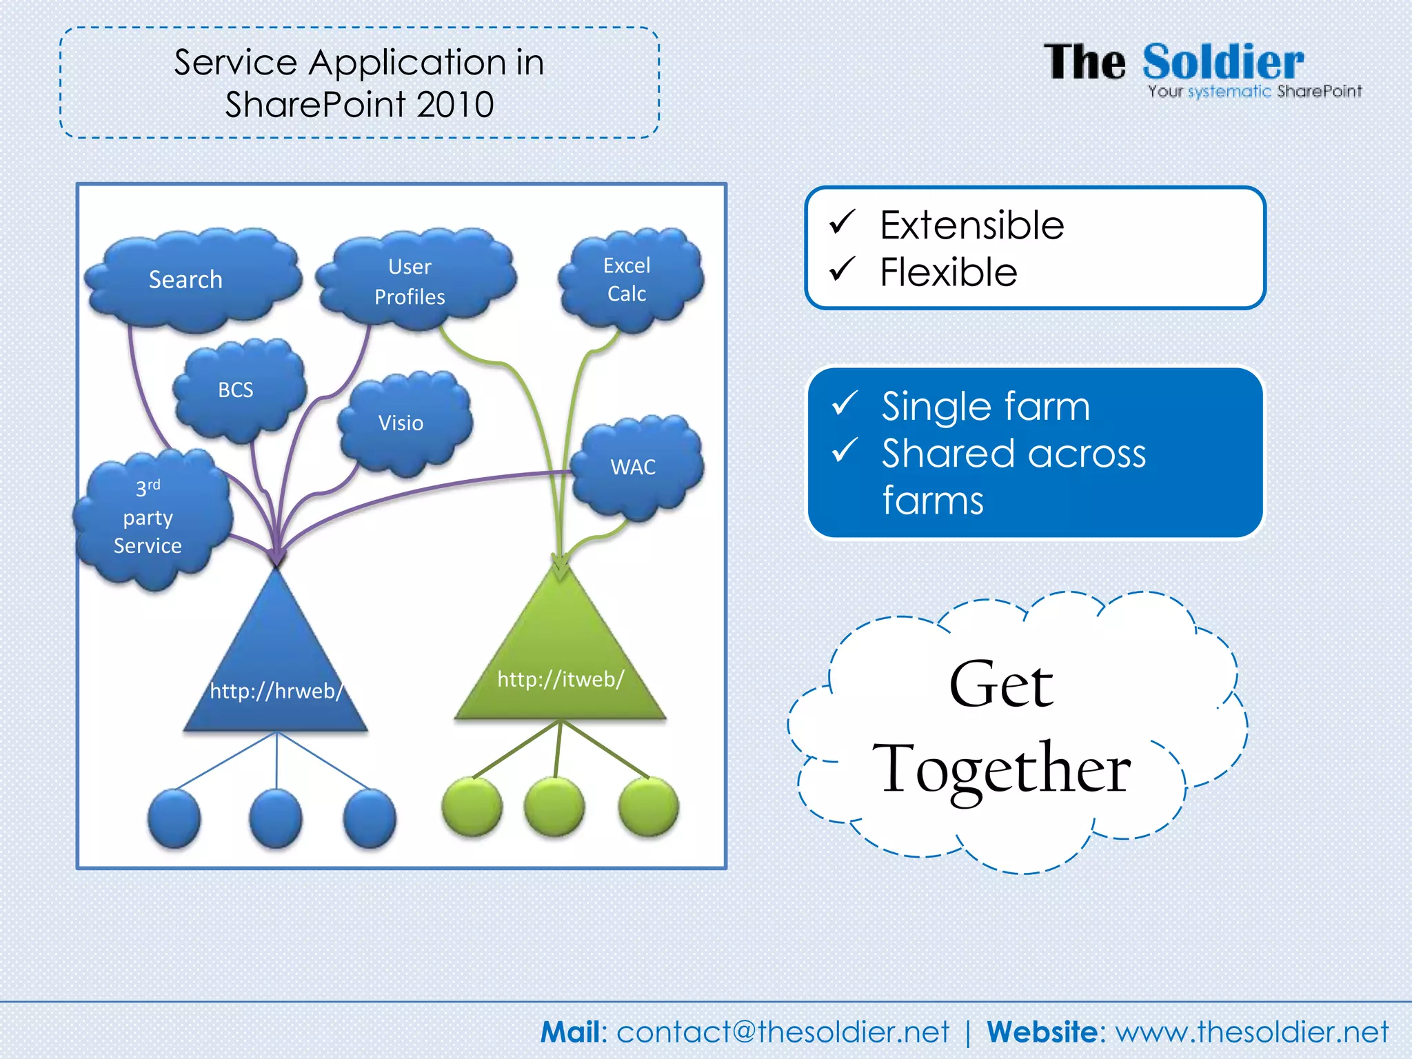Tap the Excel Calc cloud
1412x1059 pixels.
(629, 279)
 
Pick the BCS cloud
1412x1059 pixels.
(237, 390)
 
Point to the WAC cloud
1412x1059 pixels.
(635, 467)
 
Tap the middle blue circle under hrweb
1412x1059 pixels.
(276, 818)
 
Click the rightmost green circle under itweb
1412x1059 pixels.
(648, 806)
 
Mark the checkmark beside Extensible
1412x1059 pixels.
(843, 222)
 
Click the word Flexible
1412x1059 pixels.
(949, 272)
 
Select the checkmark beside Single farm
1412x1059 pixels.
(845, 403)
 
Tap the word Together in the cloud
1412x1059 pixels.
(1001, 769)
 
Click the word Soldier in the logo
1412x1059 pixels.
(1223, 62)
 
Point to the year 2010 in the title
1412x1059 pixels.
(455, 105)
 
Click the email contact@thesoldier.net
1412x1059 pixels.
(783, 1032)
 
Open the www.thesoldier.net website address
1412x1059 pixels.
(1252, 1032)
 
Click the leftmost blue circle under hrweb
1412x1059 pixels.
(174, 818)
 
